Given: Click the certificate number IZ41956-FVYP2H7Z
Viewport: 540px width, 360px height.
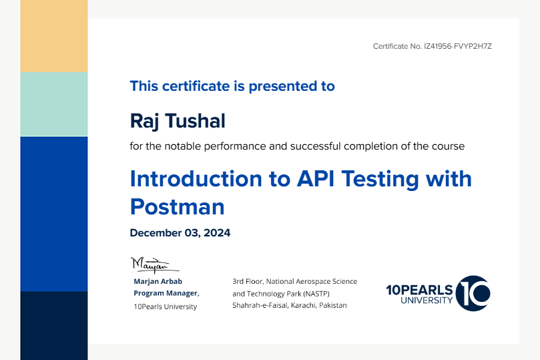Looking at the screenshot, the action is pos(458,46).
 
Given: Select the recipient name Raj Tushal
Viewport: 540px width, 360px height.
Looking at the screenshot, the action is pos(178,122).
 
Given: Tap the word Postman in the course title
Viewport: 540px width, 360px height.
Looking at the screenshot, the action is pos(178,206).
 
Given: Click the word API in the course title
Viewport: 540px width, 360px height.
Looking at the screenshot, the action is pos(316,178).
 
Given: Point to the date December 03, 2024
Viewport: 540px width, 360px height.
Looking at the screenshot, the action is pos(180,233).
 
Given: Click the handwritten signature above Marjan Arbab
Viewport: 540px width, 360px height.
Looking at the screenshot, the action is pos(154,265).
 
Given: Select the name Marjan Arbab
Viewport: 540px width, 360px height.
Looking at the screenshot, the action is pos(158,281).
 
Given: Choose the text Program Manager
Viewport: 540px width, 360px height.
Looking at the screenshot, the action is pos(166,293).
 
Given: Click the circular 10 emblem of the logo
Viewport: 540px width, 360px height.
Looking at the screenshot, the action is pos(473,293).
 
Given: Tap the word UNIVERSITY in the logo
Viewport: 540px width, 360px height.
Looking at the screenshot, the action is pos(427,301).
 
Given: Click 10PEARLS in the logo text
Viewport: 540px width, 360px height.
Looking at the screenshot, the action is pos(419,290).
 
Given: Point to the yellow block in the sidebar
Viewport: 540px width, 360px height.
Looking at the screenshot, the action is pos(54,36).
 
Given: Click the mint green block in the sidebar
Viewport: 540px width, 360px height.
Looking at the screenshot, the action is pos(54,104).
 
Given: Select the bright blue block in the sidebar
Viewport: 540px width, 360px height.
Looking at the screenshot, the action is pos(54,214).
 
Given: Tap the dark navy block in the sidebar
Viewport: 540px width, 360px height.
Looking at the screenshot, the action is pos(54,325).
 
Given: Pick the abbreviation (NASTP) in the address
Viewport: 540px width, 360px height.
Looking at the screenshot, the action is pos(316,294).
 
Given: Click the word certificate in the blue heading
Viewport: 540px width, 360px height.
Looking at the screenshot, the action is pos(196,86).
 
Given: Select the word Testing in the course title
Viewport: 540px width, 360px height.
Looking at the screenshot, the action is pos(380,179).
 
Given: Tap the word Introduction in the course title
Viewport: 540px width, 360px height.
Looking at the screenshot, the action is pos(196,178).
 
